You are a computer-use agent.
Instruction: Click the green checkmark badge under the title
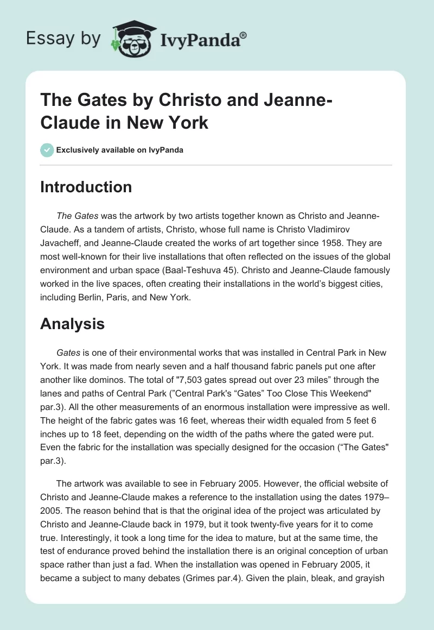click(47, 150)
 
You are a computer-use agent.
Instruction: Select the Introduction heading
click(86, 187)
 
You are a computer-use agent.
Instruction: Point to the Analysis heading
click(73, 324)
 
